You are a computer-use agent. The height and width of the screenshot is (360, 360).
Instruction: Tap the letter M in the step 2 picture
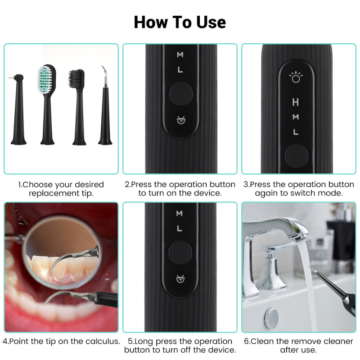point(180,55)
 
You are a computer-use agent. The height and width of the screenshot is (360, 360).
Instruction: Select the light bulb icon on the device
point(295,78)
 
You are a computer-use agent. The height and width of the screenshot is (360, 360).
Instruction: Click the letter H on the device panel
point(295,103)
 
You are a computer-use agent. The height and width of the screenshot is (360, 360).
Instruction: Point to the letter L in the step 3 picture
point(295,132)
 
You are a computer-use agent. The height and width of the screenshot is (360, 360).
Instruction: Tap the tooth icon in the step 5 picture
point(180,278)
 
